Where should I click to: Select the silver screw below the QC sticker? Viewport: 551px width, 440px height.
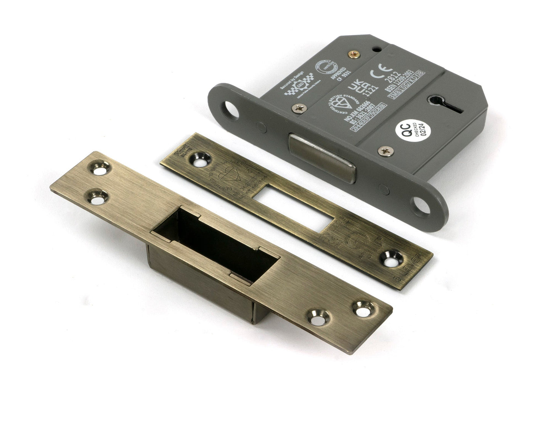(384, 152)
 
